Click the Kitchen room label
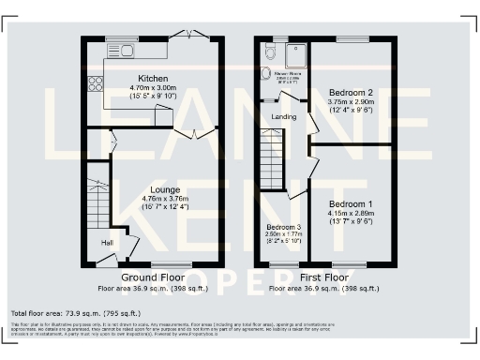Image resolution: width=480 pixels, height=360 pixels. (153, 78)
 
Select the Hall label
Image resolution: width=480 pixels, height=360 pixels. (109, 242)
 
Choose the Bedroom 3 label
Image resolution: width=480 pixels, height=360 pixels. (283, 228)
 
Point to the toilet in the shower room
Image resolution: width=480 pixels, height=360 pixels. (265, 71)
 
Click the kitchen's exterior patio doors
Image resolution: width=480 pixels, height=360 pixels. (194, 36)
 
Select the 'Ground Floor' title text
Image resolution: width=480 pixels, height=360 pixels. (152, 278)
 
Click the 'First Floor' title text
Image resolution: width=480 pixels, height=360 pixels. (324, 278)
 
